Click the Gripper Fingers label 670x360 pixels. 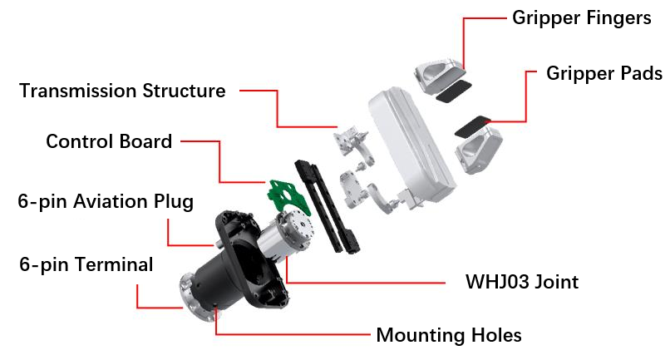(x=582, y=18)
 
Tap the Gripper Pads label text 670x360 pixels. (x=604, y=73)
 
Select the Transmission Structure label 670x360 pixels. (x=122, y=91)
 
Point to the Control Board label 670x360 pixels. (x=109, y=141)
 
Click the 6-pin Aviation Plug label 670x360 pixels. (x=106, y=201)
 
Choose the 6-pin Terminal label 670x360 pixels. (x=87, y=264)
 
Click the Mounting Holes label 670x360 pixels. (x=449, y=335)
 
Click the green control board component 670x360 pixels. (x=283, y=190)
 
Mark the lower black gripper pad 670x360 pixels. (x=473, y=128)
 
